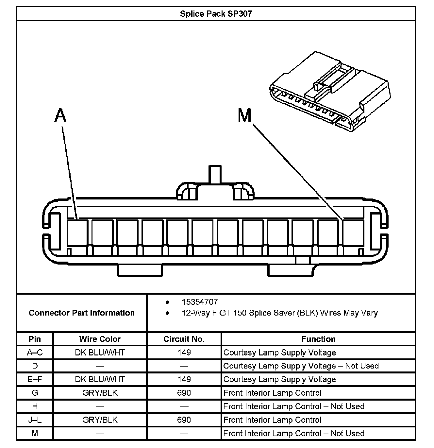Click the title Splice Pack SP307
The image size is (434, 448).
point(216,14)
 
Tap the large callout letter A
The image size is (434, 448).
point(60,115)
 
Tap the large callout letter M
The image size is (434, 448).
point(244,115)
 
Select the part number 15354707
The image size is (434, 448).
point(200,302)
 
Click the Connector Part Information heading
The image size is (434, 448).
point(82,313)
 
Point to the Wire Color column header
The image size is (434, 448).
point(100,339)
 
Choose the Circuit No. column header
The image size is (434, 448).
point(184,339)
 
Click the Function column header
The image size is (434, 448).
point(318,339)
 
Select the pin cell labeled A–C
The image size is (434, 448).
point(35,353)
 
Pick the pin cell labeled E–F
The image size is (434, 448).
point(35,379)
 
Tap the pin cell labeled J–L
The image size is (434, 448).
point(35,420)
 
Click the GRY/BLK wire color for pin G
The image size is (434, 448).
point(100,393)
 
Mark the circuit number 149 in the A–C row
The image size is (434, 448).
point(184,353)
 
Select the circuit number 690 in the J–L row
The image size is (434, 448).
point(184,420)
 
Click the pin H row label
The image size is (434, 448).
point(35,406)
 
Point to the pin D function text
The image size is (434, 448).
point(301,366)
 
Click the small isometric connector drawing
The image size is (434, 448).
point(330,92)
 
